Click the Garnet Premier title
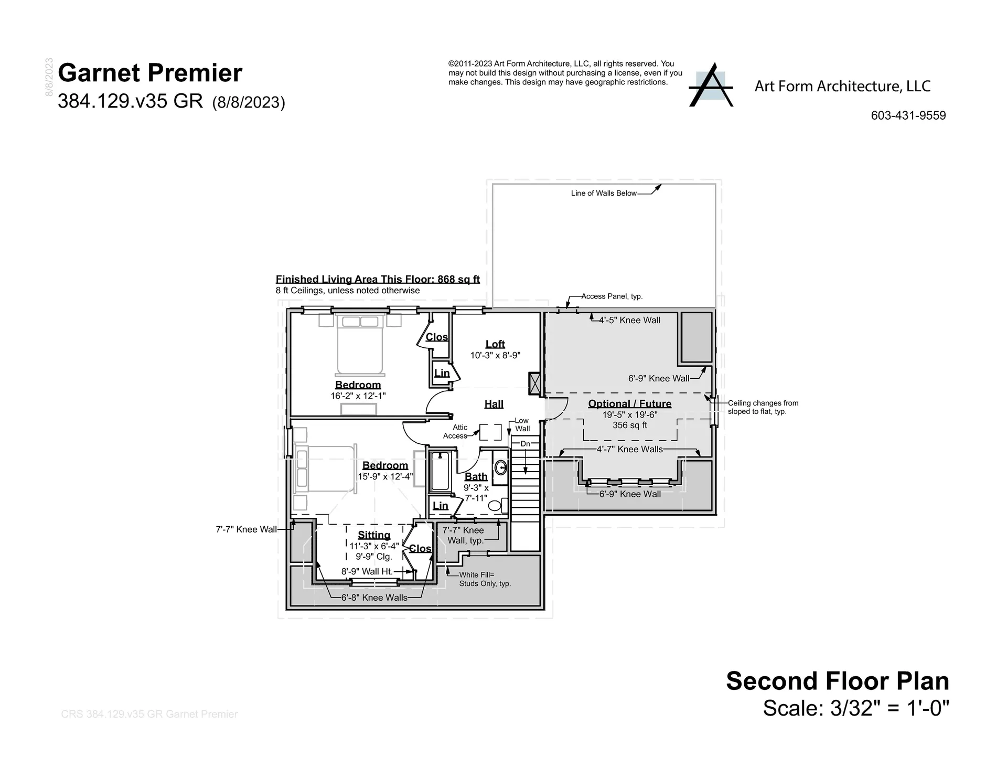[x=150, y=73]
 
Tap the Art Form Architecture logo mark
[x=711, y=86]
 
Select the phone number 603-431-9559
[x=908, y=116]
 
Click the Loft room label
[x=495, y=344]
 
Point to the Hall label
[x=494, y=404]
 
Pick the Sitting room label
[x=374, y=535]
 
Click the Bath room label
[x=476, y=476]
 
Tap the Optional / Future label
[x=629, y=403]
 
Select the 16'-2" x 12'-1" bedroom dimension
[x=358, y=396]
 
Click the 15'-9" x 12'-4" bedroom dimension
[x=385, y=477]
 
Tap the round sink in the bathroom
[x=500, y=466]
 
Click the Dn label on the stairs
[x=525, y=444]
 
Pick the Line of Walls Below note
[x=604, y=193]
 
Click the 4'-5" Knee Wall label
[x=629, y=320]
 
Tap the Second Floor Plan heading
[x=837, y=681]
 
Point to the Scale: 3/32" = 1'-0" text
[x=856, y=708]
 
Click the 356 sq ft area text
[x=629, y=425]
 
